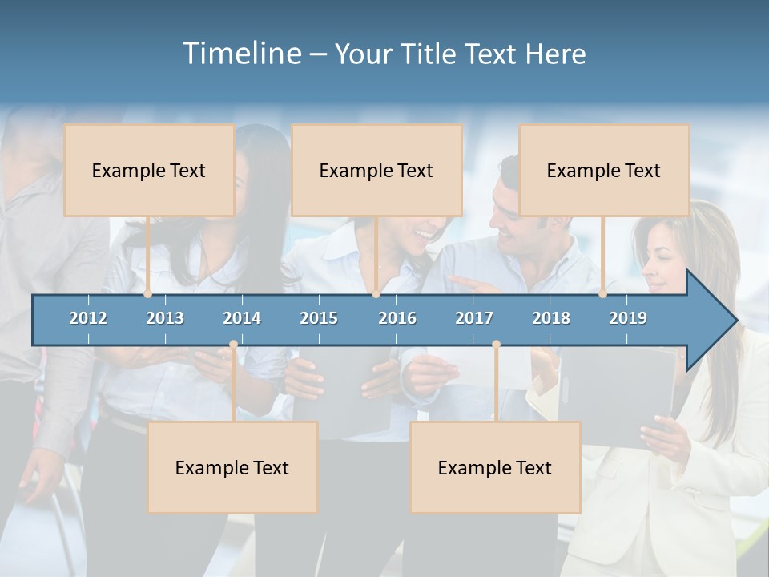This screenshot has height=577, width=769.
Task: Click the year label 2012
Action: [88, 318]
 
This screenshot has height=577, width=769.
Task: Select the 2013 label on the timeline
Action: [165, 318]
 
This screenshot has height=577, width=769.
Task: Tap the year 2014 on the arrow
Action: [242, 318]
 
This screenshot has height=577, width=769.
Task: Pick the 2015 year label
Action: [319, 318]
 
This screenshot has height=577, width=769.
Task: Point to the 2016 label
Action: [397, 318]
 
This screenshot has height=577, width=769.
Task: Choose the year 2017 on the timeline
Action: [474, 318]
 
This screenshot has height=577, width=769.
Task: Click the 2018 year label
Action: [551, 318]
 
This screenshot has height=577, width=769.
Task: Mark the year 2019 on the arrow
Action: [628, 318]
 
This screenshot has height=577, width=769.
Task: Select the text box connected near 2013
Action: [149, 171]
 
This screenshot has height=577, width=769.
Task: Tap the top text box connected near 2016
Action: [376, 171]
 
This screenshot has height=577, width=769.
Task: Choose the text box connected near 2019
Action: [604, 171]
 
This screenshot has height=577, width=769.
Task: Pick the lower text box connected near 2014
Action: [232, 467]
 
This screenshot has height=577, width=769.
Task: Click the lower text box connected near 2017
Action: [495, 467]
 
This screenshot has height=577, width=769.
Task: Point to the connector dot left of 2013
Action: [148, 294]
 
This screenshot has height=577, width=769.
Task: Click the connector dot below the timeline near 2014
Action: [233, 345]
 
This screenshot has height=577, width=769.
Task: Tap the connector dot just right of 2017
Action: [496, 345]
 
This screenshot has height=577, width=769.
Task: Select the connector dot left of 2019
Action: [603, 294]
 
